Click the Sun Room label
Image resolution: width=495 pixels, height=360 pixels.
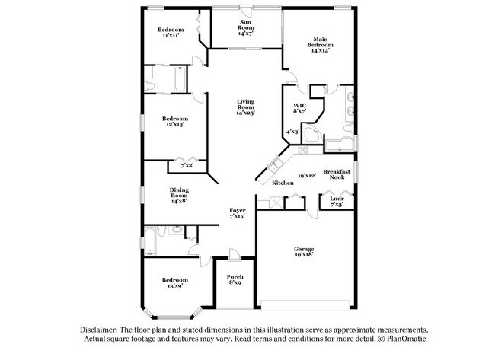point(244,27)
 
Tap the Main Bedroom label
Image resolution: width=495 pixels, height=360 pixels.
point(320,45)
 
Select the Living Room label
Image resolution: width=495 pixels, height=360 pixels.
point(244,107)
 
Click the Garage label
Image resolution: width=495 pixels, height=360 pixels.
point(305,252)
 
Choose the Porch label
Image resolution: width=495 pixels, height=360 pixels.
point(235,279)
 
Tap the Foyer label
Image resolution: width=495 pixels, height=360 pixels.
point(237,212)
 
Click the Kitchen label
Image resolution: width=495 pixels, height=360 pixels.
point(283,183)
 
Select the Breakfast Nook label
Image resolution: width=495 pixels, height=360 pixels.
point(336,174)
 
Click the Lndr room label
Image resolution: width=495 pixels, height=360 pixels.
point(336,200)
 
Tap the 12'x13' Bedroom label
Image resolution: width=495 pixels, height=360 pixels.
point(175,122)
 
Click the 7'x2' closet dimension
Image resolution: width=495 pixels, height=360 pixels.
point(186,165)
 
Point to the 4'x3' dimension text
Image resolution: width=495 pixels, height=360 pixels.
point(292,132)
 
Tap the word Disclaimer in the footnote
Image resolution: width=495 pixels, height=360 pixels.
point(101,330)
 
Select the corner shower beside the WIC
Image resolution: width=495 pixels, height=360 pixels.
point(311,135)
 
